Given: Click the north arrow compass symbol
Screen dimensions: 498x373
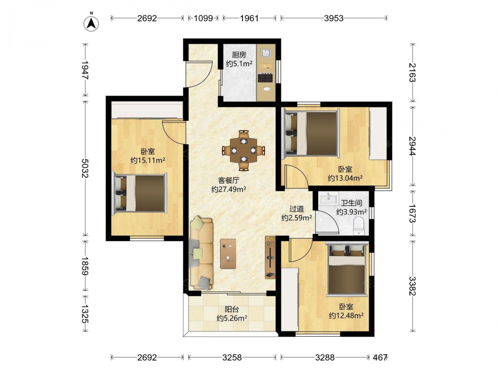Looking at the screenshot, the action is pyautogui.click(x=91, y=23).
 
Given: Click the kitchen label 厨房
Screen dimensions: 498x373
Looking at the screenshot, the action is pyautogui.click(x=239, y=55).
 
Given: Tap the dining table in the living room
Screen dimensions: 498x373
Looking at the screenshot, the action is pyautogui.click(x=244, y=150).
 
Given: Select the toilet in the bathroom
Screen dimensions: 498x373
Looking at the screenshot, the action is pyautogui.click(x=359, y=226).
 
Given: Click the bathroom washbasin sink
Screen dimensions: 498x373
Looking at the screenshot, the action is pyautogui.click(x=329, y=198).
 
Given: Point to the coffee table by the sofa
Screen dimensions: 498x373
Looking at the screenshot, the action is pyautogui.click(x=228, y=254).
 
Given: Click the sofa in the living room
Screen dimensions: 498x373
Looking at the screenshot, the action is pyautogui.click(x=201, y=254).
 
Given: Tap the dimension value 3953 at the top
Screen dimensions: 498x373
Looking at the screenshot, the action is pyautogui.click(x=334, y=18).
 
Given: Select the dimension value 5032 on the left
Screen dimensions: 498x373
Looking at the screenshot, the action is pyautogui.click(x=85, y=168).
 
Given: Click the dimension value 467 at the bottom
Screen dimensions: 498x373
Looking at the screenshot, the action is pyautogui.click(x=380, y=358).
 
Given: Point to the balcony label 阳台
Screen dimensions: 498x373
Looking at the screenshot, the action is pyautogui.click(x=232, y=309).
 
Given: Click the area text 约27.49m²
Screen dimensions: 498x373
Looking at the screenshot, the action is pyautogui.click(x=229, y=189).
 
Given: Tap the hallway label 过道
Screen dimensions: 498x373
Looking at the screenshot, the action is pyautogui.click(x=297, y=209).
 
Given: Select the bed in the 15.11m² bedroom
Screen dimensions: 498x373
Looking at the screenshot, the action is pyautogui.click(x=140, y=193).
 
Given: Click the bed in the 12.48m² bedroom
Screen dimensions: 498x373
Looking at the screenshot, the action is pyautogui.click(x=347, y=269).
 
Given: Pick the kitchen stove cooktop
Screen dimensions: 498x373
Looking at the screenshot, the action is pyautogui.click(x=265, y=78).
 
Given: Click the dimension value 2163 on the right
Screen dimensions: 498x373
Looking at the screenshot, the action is pyautogui.click(x=412, y=73).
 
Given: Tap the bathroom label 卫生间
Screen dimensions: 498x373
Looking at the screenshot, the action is pyautogui.click(x=352, y=203).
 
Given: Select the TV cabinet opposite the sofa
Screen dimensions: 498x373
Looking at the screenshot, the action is pyautogui.click(x=270, y=257).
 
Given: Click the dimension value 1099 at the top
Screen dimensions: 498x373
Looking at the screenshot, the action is pyautogui.click(x=203, y=18).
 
